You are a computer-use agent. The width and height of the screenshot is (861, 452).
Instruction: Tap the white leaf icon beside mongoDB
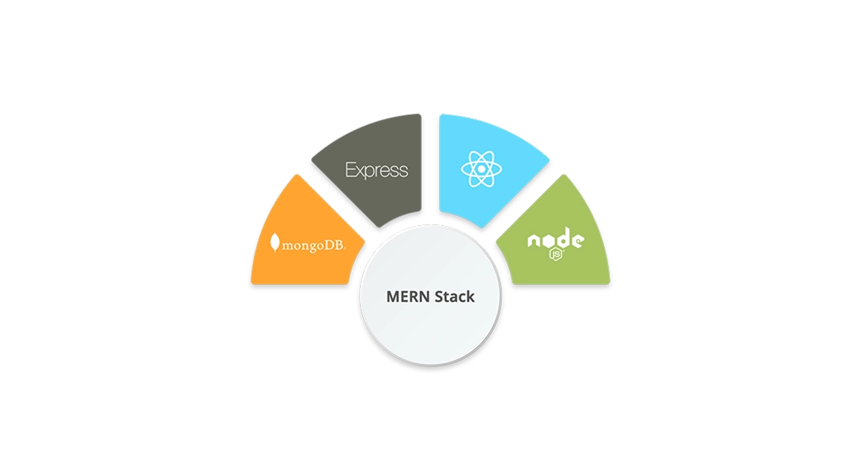274,243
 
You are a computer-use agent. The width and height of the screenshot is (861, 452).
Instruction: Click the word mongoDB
314,245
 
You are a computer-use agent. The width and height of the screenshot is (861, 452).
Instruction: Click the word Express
377,170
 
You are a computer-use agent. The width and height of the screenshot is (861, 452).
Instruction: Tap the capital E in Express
351,169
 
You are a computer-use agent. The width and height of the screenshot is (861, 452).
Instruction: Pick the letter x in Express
362,171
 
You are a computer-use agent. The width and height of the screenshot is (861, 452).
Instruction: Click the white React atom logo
481,169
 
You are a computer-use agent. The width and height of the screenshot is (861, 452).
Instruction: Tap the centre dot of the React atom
481,169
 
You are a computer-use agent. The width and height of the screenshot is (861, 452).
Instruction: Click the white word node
556,239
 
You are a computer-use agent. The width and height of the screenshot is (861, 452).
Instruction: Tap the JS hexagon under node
556,255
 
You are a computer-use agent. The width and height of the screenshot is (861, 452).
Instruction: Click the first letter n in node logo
534,241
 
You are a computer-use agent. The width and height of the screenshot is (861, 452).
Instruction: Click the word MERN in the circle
408,297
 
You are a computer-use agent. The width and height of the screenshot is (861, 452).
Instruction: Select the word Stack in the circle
455,297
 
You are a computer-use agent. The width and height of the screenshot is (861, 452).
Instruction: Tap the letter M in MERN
393,297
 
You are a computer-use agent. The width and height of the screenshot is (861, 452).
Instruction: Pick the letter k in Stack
471,296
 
